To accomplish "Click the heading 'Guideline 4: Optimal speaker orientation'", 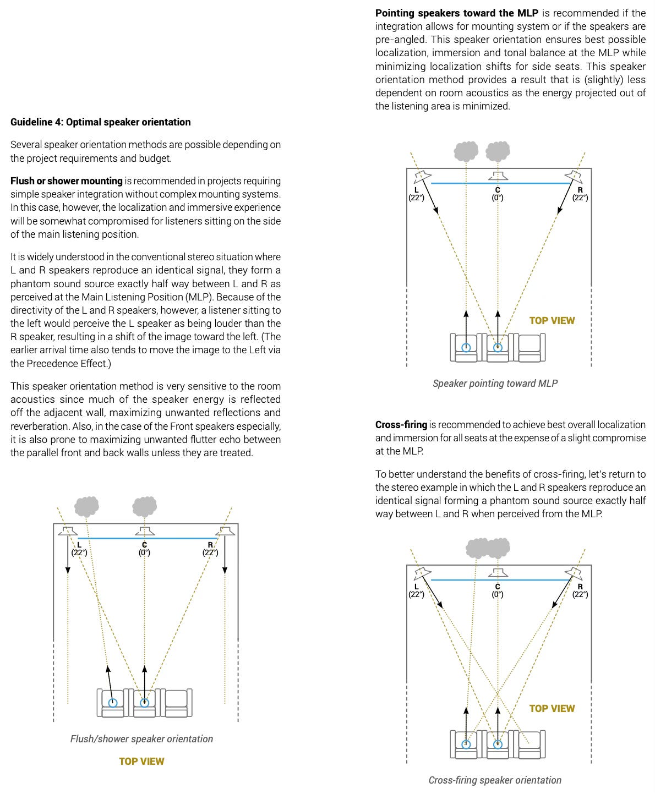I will pyautogui.click(x=101, y=122).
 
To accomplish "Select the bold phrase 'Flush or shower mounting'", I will pyautogui.click(x=67, y=181).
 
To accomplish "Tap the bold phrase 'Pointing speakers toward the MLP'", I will pyautogui.click(x=457, y=13).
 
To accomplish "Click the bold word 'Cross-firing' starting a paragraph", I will pyautogui.click(x=401, y=425).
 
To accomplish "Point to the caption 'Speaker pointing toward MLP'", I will pyautogui.click(x=495, y=384).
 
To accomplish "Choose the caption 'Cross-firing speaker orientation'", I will pyautogui.click(x=495, y=780).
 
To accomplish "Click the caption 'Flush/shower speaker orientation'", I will pyautogui.click(x=141, y=739).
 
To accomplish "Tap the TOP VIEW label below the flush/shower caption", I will pyautogui.click(x=141, y=762).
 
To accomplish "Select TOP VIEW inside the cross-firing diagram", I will pyautogui.click(x=552, y=709).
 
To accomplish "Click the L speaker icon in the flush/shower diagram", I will pyautogui.click(x=68, y=531).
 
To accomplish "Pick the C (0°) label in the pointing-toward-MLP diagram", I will pyautogui.click(x=498, y=194).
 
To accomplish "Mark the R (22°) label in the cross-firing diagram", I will pyautogui.click(x=580, y=590).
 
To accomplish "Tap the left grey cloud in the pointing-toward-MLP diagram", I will pyautogui.click(x=466, y=150).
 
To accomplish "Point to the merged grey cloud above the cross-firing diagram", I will pyautogui.click(x=488, y=548).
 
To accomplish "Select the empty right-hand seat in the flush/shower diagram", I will pyautogui.click(x=178, y=703).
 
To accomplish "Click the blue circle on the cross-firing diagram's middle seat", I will pyautogui.click(x=498, y=745).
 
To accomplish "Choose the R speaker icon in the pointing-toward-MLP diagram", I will pyautogui.click(x=574, y=176).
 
